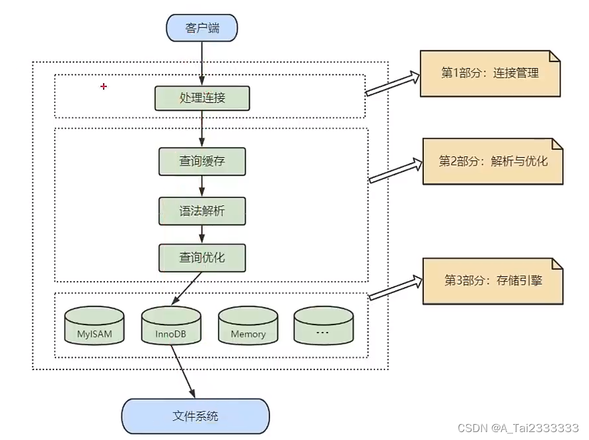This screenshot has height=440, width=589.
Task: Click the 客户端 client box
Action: coord(201,28)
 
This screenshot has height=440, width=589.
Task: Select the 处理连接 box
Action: coord(202,98)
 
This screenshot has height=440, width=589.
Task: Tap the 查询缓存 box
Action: coord(202,162)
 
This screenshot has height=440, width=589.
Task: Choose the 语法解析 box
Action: coord(202,210)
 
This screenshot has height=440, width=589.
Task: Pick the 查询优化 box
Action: coord(202,258)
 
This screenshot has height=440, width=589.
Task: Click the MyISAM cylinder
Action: coord(94,327)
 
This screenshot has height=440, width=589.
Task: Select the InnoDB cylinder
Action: coord(171,327)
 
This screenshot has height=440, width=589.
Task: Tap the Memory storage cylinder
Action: coord(248,327)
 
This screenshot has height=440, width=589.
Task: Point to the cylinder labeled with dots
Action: coord(323,327)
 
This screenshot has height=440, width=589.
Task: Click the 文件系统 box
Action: coord(195,416)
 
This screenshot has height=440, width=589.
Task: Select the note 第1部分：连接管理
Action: coord(490,73)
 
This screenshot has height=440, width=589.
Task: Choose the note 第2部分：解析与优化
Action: coord(493,160)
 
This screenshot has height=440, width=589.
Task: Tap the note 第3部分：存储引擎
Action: coord(493,280)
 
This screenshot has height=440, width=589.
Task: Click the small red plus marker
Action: coord(103,86)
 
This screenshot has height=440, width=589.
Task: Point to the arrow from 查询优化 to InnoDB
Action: coord(190,288)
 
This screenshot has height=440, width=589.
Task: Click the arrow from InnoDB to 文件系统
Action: coord(184,372)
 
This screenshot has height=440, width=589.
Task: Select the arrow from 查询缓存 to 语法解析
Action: coord(202,186)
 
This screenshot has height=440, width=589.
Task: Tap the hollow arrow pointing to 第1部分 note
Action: coord(392,84)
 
